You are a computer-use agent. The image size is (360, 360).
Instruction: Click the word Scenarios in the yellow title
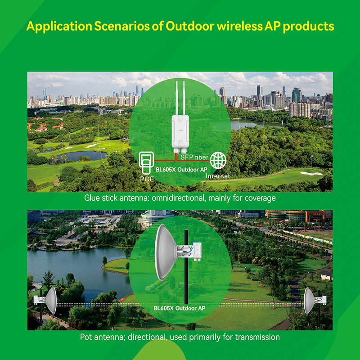122,26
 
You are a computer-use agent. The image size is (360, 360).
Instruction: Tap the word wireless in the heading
239,26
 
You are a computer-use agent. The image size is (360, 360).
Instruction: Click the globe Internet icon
218,161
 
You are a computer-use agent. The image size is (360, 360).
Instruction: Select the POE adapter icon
146,162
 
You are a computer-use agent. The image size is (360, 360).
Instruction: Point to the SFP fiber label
194,157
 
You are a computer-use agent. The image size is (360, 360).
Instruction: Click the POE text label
147,179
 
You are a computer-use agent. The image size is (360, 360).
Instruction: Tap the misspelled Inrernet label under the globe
218,176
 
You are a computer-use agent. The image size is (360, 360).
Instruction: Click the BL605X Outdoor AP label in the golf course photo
181,170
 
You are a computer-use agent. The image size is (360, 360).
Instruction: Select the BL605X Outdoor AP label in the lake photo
179,308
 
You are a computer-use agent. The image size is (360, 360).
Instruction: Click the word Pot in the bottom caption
86,337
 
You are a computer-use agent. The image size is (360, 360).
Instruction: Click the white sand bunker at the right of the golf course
311,173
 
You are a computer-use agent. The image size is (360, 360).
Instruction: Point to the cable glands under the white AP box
180,150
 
